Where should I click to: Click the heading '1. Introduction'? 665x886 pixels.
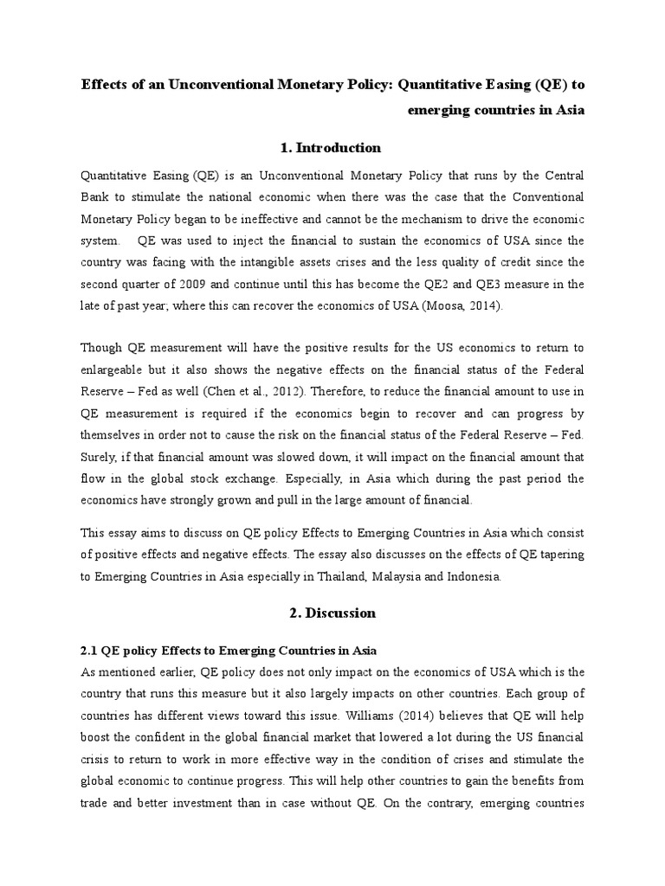[332, 147]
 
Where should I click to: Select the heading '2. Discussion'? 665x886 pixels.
[332, 613]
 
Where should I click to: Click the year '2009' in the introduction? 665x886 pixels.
[190, 284]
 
